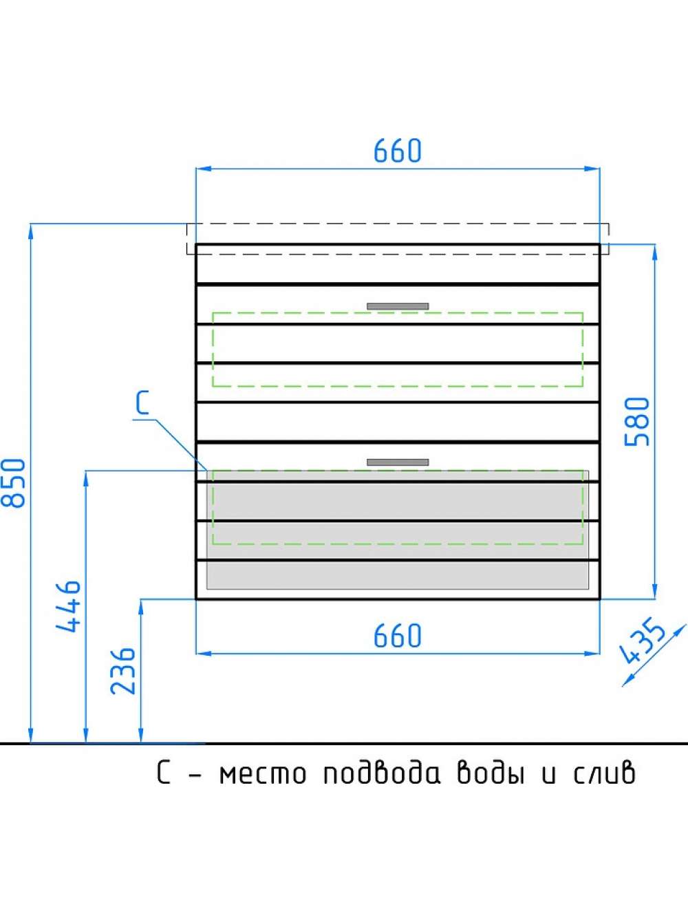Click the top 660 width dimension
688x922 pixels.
pos(398,151)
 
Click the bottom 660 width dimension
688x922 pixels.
pos(398,635)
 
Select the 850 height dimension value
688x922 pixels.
pos(14,484)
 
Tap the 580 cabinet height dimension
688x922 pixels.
pos(637,422)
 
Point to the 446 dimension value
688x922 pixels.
pos(69,606)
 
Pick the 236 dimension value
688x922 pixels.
pos(123,672)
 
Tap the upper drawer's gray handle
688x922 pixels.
pos(398,306)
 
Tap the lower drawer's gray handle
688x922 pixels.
pos(398,462)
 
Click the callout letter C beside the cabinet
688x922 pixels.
pos(143,403)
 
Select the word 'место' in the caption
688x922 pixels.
pos(263,774)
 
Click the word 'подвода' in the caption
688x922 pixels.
pos(382,772)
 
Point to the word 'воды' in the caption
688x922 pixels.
pos(491,772)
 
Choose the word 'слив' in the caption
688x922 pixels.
pos(605,772)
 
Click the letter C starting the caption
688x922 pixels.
pos(164,773)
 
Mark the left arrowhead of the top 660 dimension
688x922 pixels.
pos(203,169)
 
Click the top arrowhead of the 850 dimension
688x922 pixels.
pos(30,231)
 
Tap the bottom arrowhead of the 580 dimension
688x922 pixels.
pos(654,591)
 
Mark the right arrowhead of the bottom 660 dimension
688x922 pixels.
pos(592,654)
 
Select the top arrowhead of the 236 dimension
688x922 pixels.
pos(141,607)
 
